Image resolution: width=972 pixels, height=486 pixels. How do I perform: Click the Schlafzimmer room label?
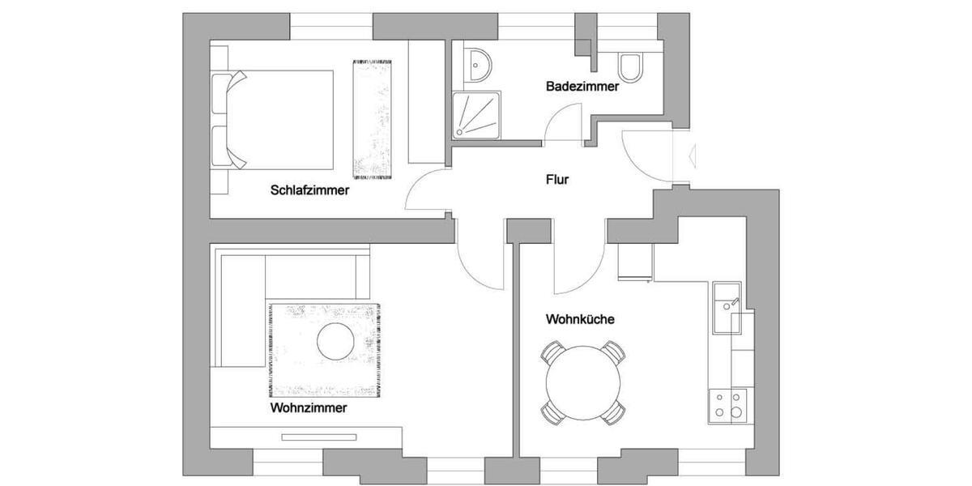tap(309, 191)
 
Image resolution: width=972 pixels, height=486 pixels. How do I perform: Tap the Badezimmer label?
tap(582, 86)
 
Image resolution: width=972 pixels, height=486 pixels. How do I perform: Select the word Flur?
tap(557, 180)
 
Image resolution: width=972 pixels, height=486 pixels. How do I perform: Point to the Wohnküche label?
tap(580, 319)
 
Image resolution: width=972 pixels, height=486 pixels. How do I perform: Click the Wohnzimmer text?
tap(309, 408)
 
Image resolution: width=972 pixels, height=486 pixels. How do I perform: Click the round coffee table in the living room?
tap(335, 341)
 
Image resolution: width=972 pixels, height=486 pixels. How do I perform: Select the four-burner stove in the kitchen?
tap(727, 404)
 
